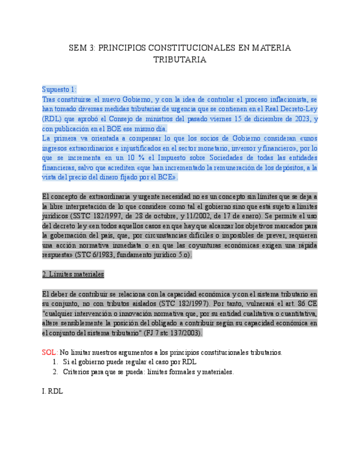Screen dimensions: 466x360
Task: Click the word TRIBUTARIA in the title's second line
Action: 180,59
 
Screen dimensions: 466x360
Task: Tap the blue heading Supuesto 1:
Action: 59,89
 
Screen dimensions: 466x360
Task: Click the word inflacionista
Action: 274,99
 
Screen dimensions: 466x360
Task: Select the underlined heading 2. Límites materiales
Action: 73,274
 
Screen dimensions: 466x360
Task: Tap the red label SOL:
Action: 49,352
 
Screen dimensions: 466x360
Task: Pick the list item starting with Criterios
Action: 148,372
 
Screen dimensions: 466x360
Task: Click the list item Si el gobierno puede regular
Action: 130,362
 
